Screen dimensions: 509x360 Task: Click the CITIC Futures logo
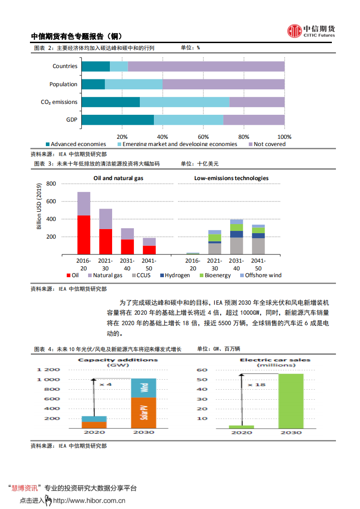click(311, 31)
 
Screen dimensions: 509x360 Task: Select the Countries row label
click(65, 66)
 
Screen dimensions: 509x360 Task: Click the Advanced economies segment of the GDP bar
click(118, 120)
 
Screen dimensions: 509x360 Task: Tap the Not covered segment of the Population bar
click(223, 84)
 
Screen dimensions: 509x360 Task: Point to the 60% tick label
click(203, 137)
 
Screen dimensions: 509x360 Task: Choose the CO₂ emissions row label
click(59, 102)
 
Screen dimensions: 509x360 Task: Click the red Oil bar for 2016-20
click(84, 234)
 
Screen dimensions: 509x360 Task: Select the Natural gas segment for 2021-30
click(105, 219)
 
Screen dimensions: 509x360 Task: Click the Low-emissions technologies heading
click(231, 178)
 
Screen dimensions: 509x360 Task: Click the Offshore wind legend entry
click(263, 275)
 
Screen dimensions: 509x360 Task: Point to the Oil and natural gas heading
click(118, 178)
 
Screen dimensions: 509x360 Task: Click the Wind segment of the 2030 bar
click(143, 388)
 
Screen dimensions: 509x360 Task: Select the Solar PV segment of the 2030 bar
click(143, 412)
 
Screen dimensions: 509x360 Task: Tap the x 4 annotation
click(105, 385)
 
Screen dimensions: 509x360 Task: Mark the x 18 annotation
click(256, 385)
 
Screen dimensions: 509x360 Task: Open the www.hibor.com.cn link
click(89, 501)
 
